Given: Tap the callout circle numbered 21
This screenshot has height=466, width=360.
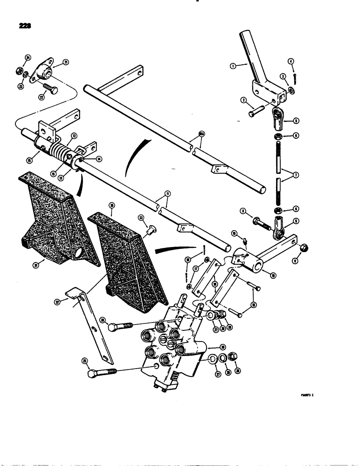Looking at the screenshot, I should [66, 62].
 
